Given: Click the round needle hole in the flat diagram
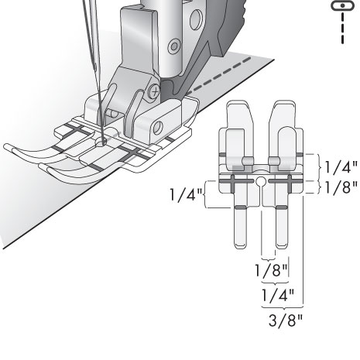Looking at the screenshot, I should point(262,183).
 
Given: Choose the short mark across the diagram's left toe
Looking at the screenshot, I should point(241,208).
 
